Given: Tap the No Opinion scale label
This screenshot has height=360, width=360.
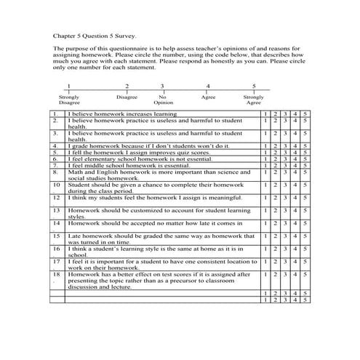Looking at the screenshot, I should click(163, 100).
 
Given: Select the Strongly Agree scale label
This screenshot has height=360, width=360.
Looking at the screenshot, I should click(254, 100).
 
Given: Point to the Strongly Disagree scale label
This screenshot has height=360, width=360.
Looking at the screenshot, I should click(69, 100).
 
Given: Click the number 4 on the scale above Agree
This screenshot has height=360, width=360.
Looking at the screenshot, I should click(208, 85).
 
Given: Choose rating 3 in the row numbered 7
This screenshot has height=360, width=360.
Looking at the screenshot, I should click(285, 165).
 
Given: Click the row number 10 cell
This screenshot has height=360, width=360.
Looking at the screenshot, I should click(56, 185).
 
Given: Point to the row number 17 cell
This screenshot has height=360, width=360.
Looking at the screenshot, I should click(56, 260).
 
